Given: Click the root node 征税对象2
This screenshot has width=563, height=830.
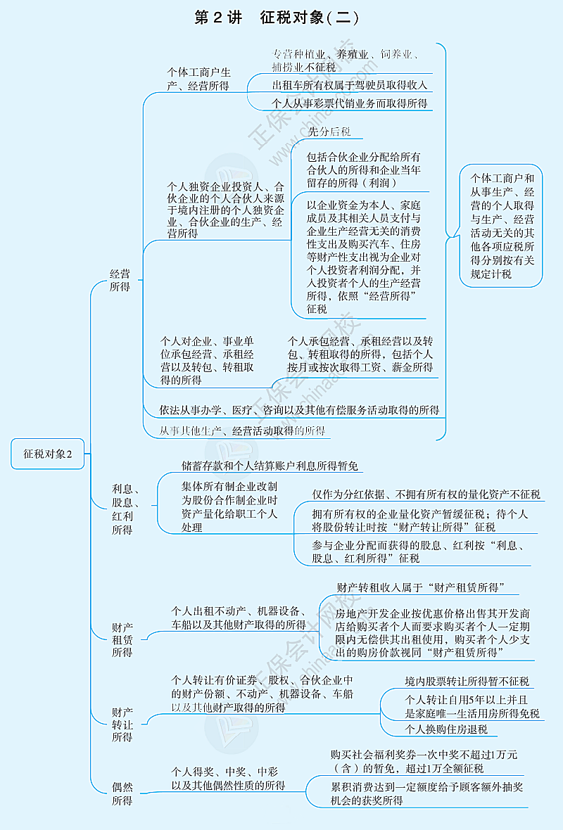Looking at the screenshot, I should point(48,454).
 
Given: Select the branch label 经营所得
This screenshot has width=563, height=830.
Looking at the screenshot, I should point(120,280).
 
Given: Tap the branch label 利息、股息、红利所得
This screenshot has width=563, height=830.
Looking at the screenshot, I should point(125,509).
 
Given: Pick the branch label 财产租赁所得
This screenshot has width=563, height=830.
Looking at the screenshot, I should point(122,639).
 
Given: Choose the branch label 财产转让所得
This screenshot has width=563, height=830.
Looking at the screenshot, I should point(122,724).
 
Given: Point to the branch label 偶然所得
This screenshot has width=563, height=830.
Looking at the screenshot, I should point(122,793).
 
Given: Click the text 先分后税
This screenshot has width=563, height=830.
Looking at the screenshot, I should point(329,132).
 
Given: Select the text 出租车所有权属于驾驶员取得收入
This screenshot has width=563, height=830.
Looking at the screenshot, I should point(350,85).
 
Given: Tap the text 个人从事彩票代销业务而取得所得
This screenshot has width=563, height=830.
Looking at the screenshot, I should point(350,103).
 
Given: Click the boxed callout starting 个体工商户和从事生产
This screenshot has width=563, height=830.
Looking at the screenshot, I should point(502,226).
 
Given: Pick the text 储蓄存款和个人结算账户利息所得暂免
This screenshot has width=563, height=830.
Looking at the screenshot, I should point(270,466).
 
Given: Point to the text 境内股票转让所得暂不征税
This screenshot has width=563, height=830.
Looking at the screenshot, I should point(467,681).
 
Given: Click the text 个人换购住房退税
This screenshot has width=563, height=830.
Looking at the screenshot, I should point(446,729).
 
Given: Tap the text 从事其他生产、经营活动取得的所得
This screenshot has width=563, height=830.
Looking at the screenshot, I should point(242,430).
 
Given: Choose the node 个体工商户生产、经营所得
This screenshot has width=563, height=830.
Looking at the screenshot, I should point(198,79).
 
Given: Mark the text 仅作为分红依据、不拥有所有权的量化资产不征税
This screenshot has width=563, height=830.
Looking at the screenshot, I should point(426,494).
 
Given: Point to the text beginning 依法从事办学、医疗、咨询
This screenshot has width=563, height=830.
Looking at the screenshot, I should point(299,409).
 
